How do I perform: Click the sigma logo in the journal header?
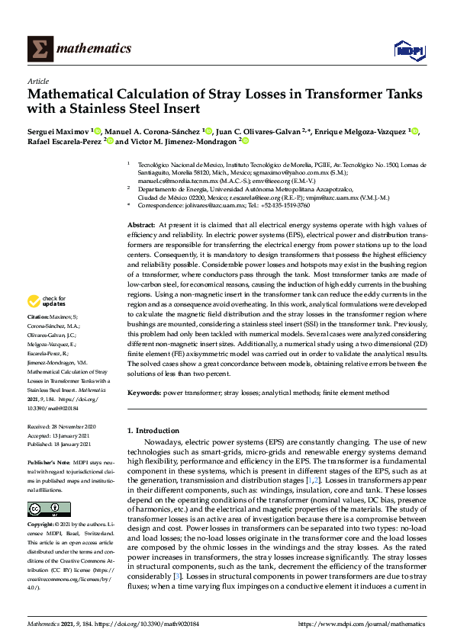point(40,49)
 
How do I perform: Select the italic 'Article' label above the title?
point(38,81)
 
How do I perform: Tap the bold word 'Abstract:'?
point(141,226)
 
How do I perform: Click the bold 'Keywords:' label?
point(144,393)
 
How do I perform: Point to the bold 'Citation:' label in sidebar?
point(39,337)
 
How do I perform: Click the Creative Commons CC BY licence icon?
point(39,509)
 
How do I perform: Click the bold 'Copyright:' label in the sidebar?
point(42,525)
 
